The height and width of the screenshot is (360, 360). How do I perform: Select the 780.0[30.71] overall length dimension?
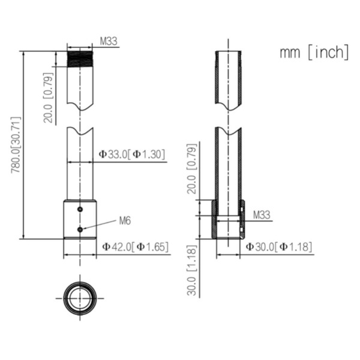[16, 145]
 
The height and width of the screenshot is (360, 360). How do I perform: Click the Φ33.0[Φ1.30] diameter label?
[131, 154]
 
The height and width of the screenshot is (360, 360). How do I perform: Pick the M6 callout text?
[124, 221]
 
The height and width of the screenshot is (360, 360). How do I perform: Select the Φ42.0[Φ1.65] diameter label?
[134, 246]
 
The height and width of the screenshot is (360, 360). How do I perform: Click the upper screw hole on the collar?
[80, 209]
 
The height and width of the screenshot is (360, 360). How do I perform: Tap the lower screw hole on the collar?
[80, 229]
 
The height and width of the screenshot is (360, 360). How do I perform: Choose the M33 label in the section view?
[261, 214]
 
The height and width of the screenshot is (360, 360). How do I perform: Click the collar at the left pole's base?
[80, 220]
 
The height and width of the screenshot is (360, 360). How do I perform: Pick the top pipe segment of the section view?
[229, 78]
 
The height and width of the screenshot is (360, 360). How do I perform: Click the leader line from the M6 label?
[99, 225]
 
